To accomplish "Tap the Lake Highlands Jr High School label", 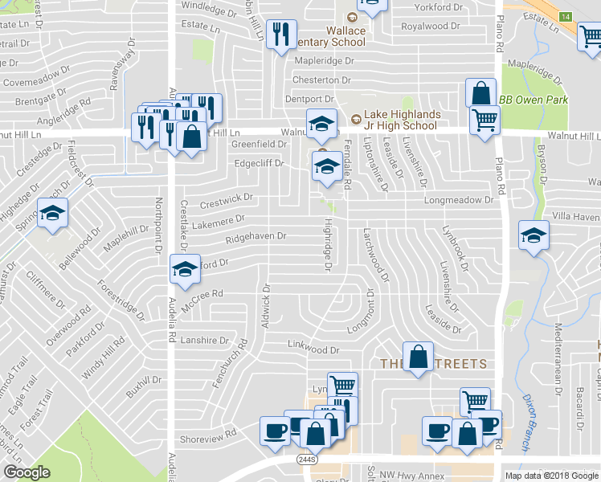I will coord(400,120).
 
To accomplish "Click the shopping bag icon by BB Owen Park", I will coord(480,94).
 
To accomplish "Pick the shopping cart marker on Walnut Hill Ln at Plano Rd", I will coord(484,121).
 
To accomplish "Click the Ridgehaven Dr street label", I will coord(256,236).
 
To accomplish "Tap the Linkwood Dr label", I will coord(314,349).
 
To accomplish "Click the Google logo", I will coord(27,472).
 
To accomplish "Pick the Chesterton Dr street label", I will coord(322,80).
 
